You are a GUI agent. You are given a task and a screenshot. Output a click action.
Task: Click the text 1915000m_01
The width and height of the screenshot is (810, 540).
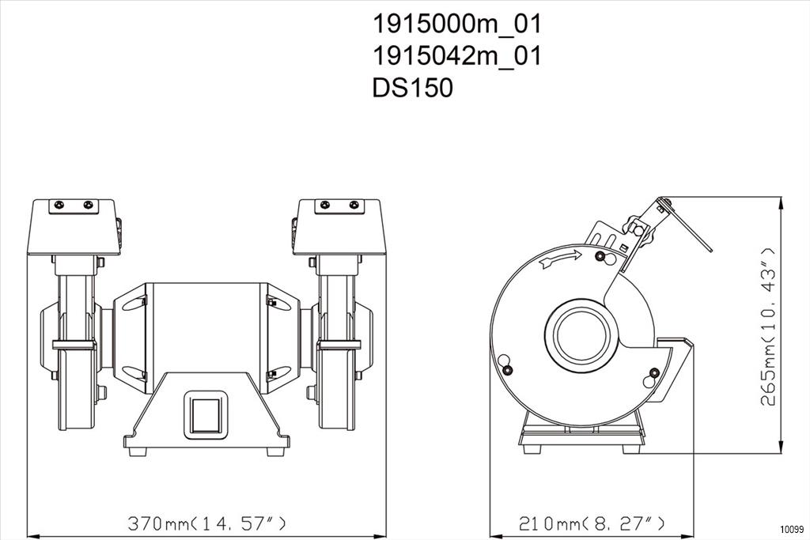(x=456, y=25)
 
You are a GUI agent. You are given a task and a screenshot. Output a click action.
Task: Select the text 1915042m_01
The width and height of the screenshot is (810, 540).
(x=456, y=56)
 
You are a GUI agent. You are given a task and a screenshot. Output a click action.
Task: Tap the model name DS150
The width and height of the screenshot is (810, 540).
(x=412, y=87)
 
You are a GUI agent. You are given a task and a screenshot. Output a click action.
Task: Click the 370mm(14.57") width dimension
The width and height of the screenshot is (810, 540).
(x=206, y=523)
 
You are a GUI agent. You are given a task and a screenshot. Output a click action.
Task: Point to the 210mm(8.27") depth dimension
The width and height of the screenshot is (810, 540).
(x=592, y=523)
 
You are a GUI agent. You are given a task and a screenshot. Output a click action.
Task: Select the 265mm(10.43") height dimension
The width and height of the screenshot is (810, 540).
(x=768, y=327)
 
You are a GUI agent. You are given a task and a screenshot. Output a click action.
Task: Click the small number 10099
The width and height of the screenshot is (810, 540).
(x=792, y=529)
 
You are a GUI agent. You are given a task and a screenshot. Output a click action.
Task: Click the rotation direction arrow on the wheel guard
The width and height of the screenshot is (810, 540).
(x=560, y=259)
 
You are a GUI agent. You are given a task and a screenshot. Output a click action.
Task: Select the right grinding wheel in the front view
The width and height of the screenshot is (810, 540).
(x=337, y=351)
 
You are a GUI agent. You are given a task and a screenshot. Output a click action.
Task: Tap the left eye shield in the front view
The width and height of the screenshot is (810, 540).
(x=74, y=227)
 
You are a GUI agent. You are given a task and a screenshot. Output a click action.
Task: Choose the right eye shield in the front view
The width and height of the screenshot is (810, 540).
(x=339, y=227)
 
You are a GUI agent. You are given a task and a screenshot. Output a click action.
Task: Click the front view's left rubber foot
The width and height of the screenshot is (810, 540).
(x=138, y=451)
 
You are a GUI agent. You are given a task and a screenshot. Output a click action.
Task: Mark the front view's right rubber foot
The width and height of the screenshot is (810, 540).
(x=275, y=451)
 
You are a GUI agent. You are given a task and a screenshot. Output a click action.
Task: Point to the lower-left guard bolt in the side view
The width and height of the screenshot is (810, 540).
(x=509, y=370)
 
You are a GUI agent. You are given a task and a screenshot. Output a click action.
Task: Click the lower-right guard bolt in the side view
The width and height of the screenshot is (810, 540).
(x=654, y=372)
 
